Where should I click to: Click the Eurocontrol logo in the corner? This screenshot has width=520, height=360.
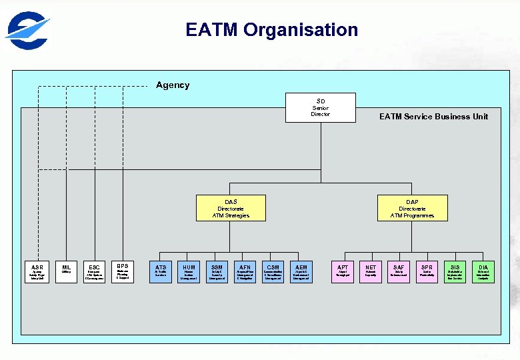coord(27,31)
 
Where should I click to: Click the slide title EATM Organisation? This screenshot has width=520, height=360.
coord(271,30)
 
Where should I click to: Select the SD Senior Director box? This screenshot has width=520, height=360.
coord(321,107)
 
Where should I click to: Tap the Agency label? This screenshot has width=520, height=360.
coord(173,85)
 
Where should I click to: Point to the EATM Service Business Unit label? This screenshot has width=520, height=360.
coord(433,116)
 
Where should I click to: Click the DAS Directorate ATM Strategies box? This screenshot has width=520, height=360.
coord(231,208)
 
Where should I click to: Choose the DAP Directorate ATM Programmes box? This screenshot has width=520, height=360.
coord(412,208)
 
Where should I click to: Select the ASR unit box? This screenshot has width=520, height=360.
coord(37,272)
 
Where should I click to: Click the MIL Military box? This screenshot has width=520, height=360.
coord(66,272)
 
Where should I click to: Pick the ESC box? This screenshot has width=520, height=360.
coord(94,272)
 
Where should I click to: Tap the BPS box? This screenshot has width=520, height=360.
coord(122,271)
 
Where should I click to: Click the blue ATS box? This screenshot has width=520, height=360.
coord(161,272)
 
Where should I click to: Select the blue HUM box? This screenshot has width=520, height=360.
coord(189,272)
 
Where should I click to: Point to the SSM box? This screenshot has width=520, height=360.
coord(217,272)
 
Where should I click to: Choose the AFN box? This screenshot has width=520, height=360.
coord(245,272)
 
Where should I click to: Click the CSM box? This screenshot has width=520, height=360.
coord(273,272)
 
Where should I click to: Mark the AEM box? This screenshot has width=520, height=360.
coord(301,272)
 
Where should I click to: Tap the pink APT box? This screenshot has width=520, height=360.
coord(343,272)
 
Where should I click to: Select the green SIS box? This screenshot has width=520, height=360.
coord(455,272)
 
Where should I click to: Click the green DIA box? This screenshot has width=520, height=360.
coord(483,272)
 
